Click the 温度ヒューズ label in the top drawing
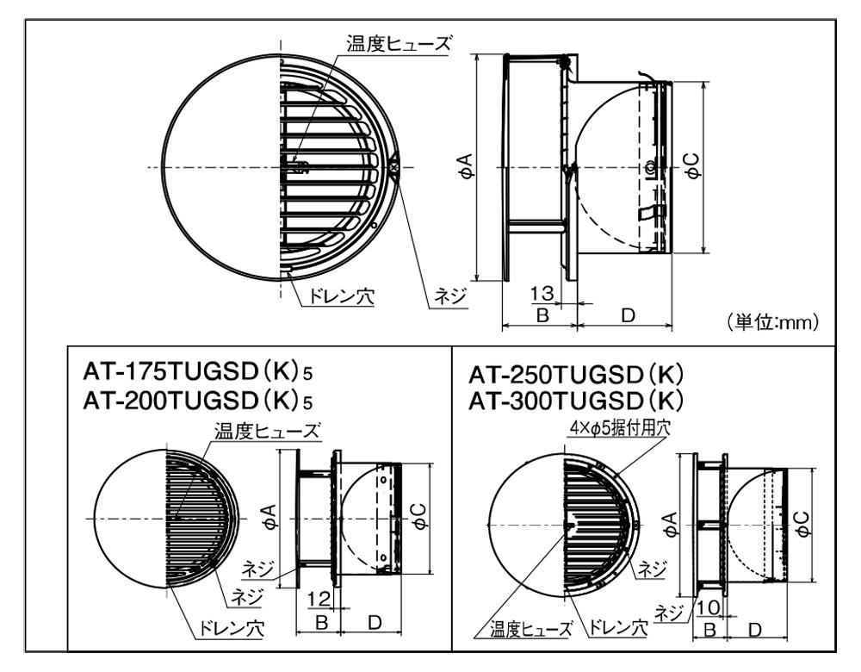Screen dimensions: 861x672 click(x=399, y=43)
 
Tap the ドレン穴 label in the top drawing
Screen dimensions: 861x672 click(x=341, y=297)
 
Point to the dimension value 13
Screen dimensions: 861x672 click(x=542, y=293)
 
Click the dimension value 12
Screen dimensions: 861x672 click(x=319, y=599)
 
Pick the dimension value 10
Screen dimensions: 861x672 click(x=709, y=607)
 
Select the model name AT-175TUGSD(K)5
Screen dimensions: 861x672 click(x=198, y=372)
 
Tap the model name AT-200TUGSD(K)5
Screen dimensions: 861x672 click(x=198, y=401)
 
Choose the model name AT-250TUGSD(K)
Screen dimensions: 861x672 click(x=576, y=375)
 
